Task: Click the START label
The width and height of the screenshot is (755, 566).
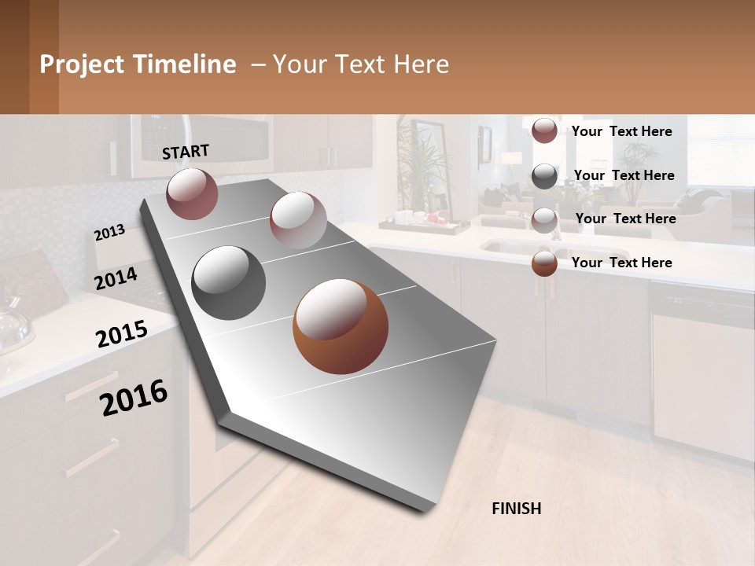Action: [186, 152]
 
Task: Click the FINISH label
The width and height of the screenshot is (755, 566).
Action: [517, 509]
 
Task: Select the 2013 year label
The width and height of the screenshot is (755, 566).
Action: [109, 233]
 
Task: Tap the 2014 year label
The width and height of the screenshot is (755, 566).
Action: [116, 279]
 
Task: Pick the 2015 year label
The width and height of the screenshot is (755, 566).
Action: [122, 334]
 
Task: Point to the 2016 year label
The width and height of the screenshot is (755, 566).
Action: [134, 398]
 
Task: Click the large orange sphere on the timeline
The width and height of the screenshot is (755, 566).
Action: [341, 326]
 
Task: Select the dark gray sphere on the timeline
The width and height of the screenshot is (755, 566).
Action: [229, 283]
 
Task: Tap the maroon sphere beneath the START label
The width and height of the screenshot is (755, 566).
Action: [193, 193]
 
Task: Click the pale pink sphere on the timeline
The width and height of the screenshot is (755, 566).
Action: [298, 220]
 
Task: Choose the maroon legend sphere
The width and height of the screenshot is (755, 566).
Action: [544, 131]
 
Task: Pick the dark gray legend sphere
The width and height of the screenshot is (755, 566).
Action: [544, 176]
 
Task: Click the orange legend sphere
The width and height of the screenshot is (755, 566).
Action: [544, 263]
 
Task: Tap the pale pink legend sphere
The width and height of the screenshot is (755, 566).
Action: [544, 219]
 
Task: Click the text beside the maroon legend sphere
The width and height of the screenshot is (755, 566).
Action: [621, 131]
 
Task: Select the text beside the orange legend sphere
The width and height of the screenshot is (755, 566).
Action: [621, 263]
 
